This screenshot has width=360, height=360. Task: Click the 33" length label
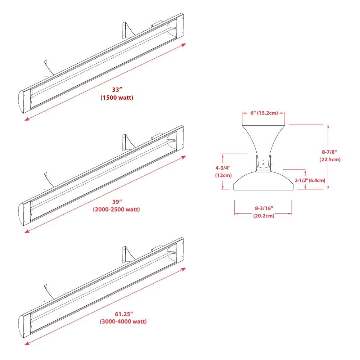116,90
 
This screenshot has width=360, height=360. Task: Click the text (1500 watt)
117,98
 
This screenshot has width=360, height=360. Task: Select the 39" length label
116,202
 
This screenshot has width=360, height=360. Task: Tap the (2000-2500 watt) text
116,210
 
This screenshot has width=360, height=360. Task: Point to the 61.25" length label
123,314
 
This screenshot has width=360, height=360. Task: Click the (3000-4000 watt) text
123,321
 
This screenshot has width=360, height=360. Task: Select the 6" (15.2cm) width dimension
264,113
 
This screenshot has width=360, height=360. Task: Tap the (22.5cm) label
329,159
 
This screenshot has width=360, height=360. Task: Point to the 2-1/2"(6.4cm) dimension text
310,180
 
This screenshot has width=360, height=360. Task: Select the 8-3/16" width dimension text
263,208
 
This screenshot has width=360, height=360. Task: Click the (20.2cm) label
263,215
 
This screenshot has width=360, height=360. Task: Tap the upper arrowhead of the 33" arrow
184,45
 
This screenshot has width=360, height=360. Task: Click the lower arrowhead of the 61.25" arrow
27,343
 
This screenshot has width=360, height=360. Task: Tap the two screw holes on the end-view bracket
263,162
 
